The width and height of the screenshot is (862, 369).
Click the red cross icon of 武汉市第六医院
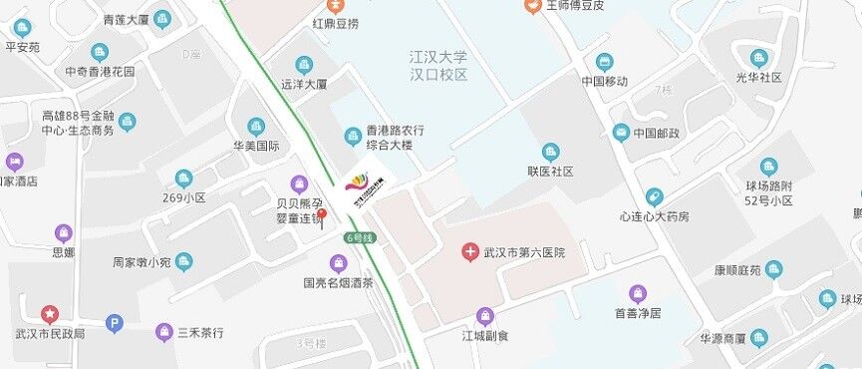469,253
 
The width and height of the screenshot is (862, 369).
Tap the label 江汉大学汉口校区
438,66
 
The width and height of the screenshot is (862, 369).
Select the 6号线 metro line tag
360,237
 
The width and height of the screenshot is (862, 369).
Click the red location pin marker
321,215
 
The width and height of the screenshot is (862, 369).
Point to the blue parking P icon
116,323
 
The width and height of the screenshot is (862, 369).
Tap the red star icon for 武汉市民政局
50,314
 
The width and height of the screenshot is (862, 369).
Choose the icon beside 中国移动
604,62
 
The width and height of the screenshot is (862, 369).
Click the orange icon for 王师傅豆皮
533,5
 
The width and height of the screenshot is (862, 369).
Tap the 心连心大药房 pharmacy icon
654,197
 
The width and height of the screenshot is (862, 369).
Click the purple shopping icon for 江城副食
484,317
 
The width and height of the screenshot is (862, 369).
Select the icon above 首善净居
638,294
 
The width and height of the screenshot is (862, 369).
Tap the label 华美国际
256,146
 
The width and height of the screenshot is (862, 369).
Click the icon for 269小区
183,179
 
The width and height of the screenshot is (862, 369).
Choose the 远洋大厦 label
304,85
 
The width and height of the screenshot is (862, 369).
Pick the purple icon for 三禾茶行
164,331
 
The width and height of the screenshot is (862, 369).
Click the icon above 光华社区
758,58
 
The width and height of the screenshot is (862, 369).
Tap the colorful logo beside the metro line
359,183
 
